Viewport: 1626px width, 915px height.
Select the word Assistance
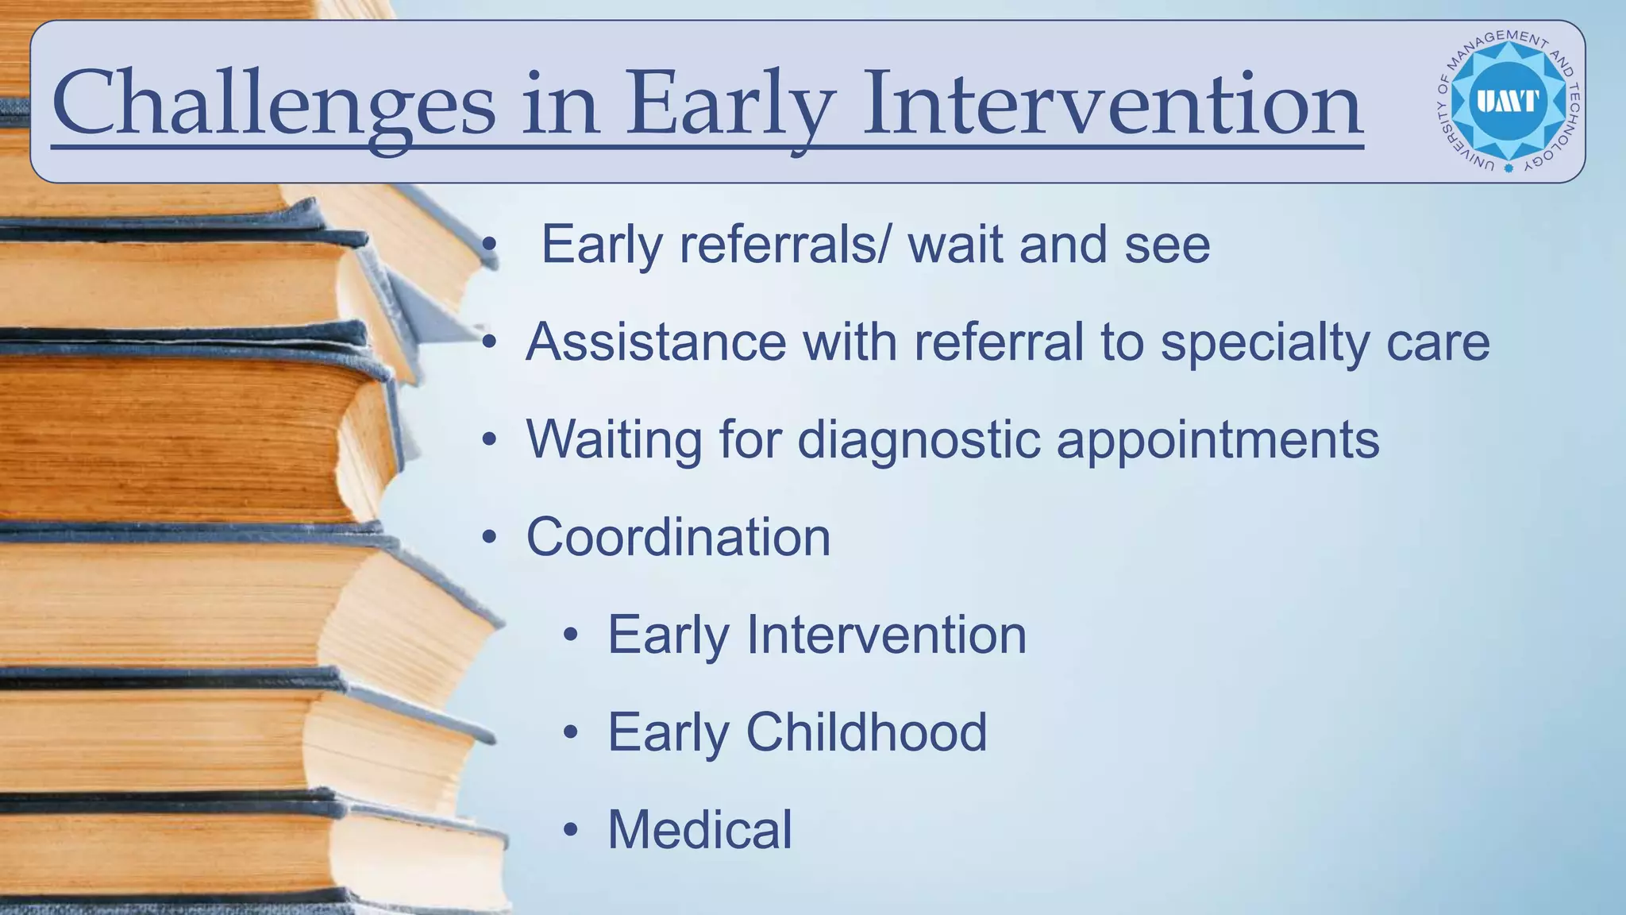click(655, 342)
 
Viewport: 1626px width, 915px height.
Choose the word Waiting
click(614, 439)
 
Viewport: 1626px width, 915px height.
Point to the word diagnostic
click(918, 439)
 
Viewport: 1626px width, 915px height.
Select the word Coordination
click(678, 537)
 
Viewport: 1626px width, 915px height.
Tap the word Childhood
click(866, 732)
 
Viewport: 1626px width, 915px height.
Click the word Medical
click(699, 829)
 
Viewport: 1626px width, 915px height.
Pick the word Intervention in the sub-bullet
click(886, 635)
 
